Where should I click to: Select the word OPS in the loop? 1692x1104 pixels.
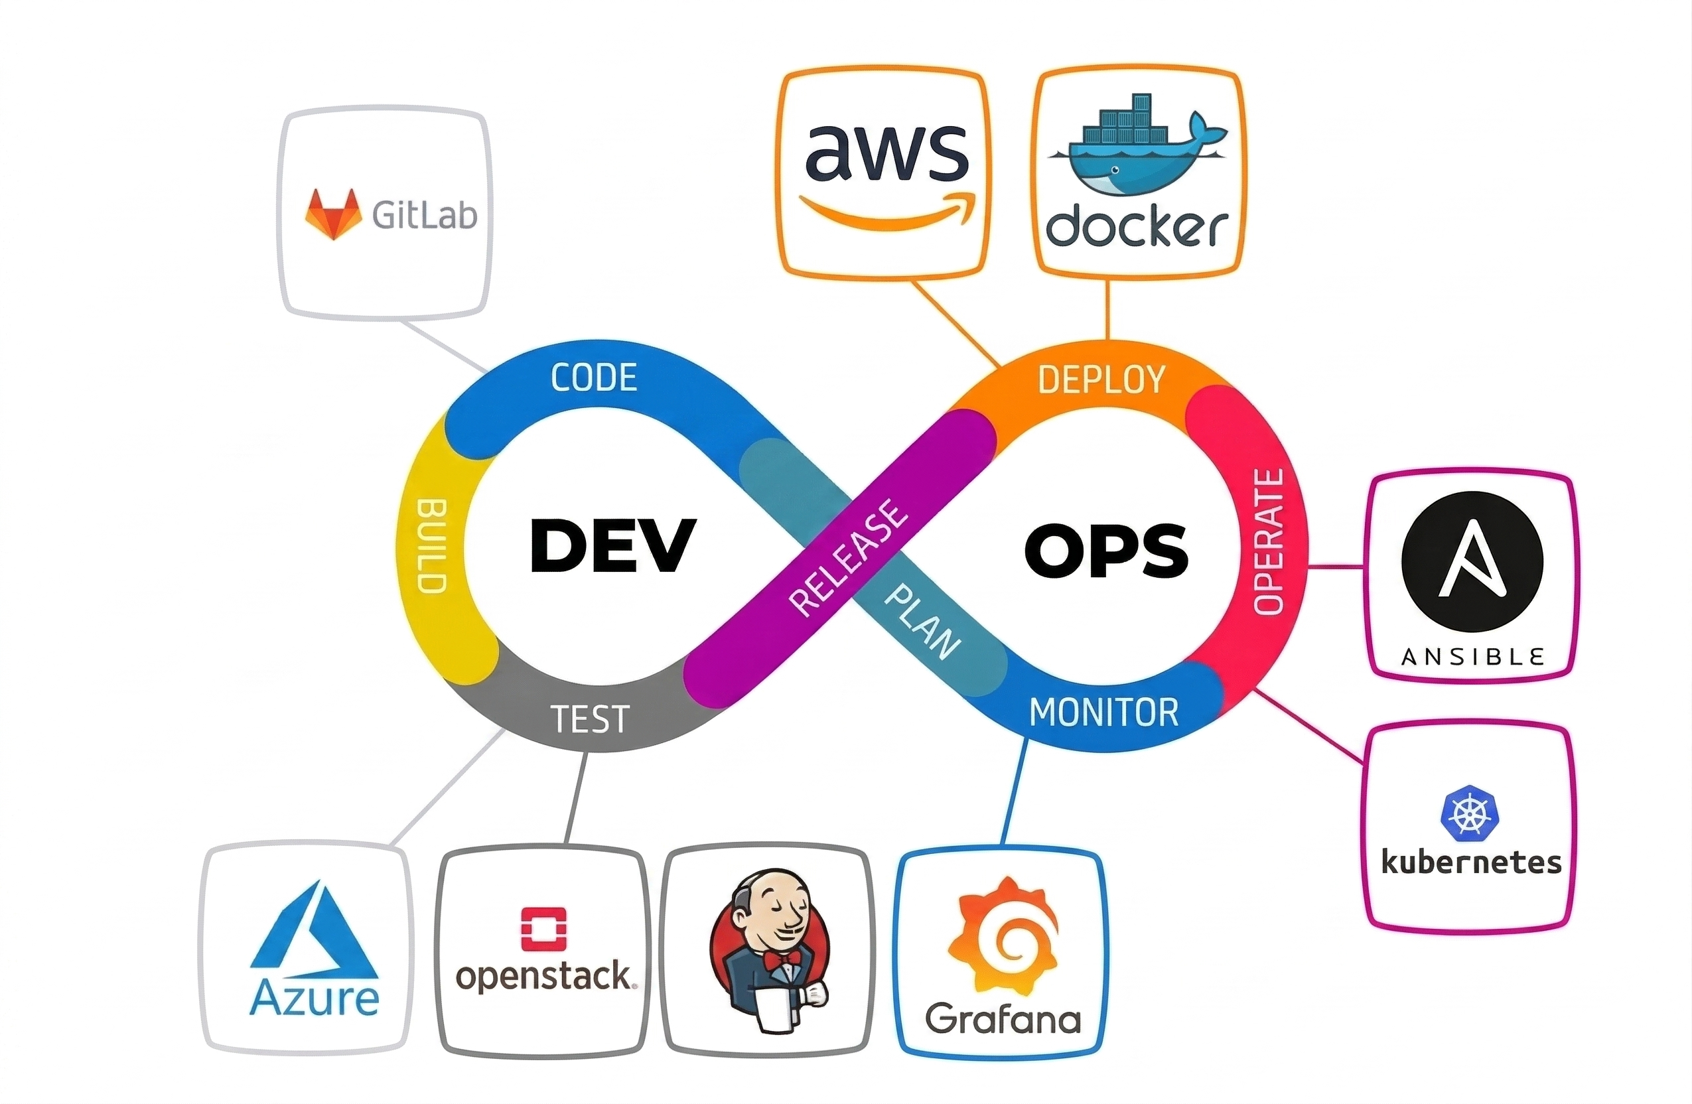1106,550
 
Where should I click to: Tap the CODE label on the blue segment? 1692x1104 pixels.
594,378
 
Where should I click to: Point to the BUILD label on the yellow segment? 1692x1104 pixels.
431,545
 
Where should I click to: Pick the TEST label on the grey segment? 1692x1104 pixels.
590,719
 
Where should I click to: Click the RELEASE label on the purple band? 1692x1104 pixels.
849,557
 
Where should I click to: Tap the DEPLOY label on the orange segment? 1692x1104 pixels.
1101,379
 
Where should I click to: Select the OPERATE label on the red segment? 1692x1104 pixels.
1269,541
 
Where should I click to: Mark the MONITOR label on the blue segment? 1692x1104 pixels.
1104,713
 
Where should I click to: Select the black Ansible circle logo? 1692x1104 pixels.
1472,561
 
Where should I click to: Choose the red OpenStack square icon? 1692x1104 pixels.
544,928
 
